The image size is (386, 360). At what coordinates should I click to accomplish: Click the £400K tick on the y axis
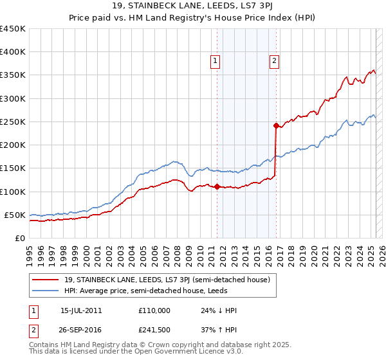(x=12, y=52)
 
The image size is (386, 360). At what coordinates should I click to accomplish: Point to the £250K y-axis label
(x=12, y=122)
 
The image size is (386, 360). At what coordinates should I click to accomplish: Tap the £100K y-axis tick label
(x=12, y=192)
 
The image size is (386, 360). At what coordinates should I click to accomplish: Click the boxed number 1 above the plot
(x=215, y=61)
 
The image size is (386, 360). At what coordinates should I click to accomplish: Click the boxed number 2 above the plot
(x=274, y=61)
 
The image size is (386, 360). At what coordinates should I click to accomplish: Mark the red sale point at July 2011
(x=217, y=187)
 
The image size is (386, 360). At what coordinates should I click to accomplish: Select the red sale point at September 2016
(x=276, y=125)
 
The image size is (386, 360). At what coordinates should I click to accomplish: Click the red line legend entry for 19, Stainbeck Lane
(x=171, y=280)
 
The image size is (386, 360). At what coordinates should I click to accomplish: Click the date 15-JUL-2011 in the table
(x=80, y=310)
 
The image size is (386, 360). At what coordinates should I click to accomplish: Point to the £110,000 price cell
(x=154, y=310)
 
